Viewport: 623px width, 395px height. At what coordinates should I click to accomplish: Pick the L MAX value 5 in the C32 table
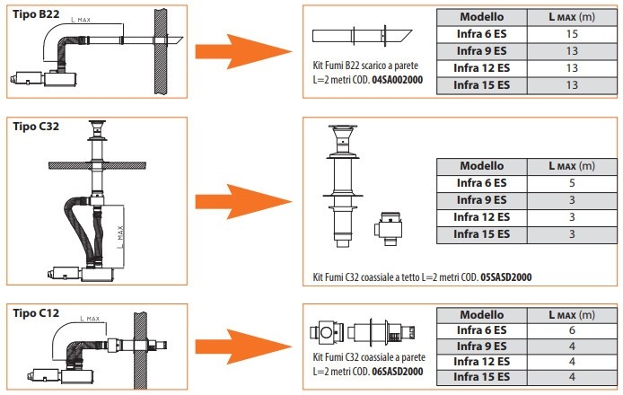point(572,183)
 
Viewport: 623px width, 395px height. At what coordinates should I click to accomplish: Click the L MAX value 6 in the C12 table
point(572,330)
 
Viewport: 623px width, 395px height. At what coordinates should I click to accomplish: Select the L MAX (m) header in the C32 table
point(572,166)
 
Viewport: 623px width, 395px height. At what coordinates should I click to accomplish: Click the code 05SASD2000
point(506,277)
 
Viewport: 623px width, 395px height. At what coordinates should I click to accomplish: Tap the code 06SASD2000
point(399,370)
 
